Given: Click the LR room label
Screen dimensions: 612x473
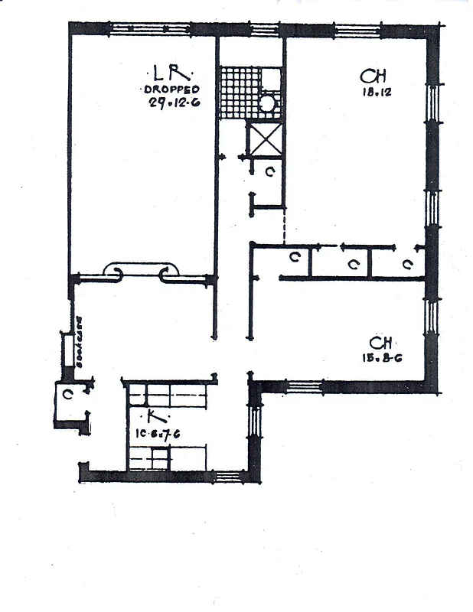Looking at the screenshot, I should (167, 74).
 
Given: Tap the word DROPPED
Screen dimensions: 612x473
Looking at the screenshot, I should (171, 90).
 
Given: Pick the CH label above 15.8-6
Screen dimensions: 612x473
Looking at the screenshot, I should (381, 342).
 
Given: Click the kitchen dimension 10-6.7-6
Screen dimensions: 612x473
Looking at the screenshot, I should (157, 434).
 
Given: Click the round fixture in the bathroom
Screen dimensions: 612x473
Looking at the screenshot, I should (266, 103).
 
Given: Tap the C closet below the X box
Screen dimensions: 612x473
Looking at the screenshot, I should (269, 172).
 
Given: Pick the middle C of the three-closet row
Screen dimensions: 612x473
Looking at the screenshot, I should (353, 265).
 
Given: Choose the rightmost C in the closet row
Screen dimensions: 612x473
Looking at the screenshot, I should (407, 265).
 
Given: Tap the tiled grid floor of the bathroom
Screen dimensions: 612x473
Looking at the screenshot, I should (238, 93).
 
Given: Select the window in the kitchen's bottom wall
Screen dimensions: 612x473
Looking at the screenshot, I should (227, 476).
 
